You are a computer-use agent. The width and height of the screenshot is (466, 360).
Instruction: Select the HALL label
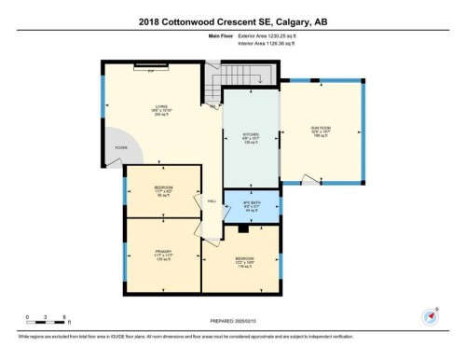click(212, 201)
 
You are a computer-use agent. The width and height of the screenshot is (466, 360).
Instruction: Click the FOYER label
click(120, 148)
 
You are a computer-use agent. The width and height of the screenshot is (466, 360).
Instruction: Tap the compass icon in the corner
click(431, 315)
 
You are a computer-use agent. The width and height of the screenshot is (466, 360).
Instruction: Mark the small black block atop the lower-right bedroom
click(242, 227)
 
